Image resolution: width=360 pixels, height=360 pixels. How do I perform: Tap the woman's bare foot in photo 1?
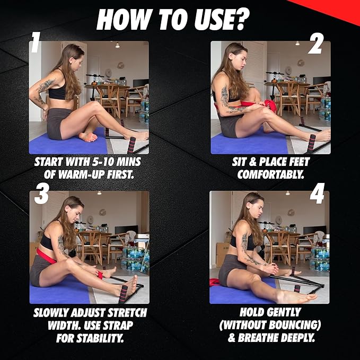pyautogui.click(x=88, y=137)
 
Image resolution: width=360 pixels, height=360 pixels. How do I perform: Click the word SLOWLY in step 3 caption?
pyautogui.click(x=53, y=313)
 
